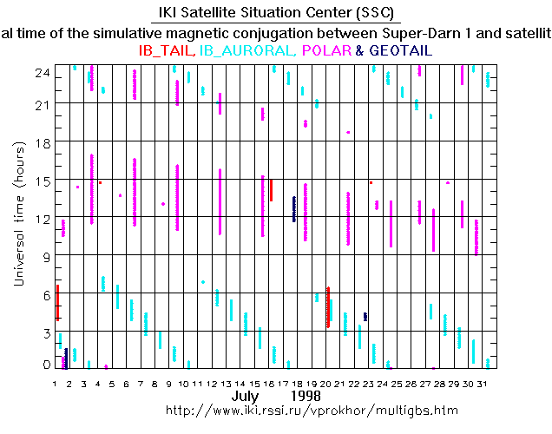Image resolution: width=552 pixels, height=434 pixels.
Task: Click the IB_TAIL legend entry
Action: pyautogui.click(x=168, y=51)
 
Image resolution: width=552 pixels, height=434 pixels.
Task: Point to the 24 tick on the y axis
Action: pyautogui.click(x=42, y=76)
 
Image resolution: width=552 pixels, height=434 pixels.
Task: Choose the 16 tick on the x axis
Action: pyautogui.click(x=270, y=383)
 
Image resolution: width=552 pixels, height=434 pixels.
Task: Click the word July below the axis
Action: pyautogui.click(x=246, y=395)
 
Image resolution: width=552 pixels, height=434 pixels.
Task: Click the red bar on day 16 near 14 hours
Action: pyautogui.click(x=272, y=190)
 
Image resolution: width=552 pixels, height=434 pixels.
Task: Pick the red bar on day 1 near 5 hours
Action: pyautogui.click(x=57, y=302)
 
